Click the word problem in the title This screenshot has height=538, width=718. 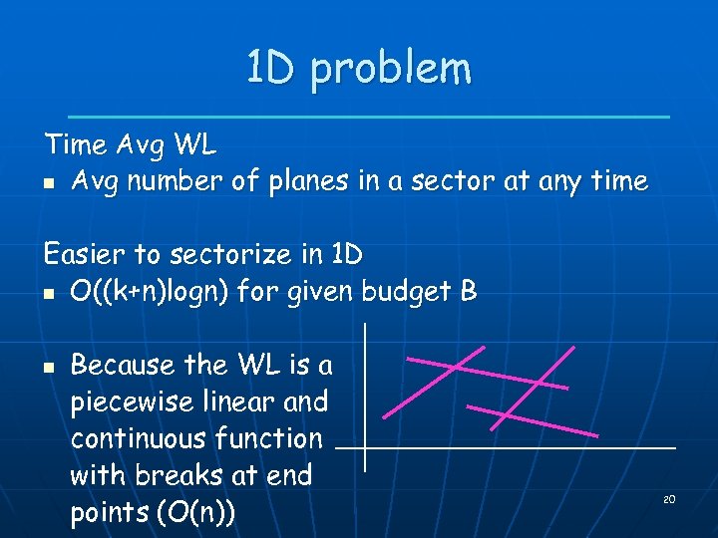click(x=390, y=70)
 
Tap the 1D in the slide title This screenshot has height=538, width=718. click(x=272, y=68)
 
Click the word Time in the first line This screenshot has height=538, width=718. click(x=76, y=145)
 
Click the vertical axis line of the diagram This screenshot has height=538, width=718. click(x=365, y=399)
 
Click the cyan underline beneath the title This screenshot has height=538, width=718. click(x=368, y=117)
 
